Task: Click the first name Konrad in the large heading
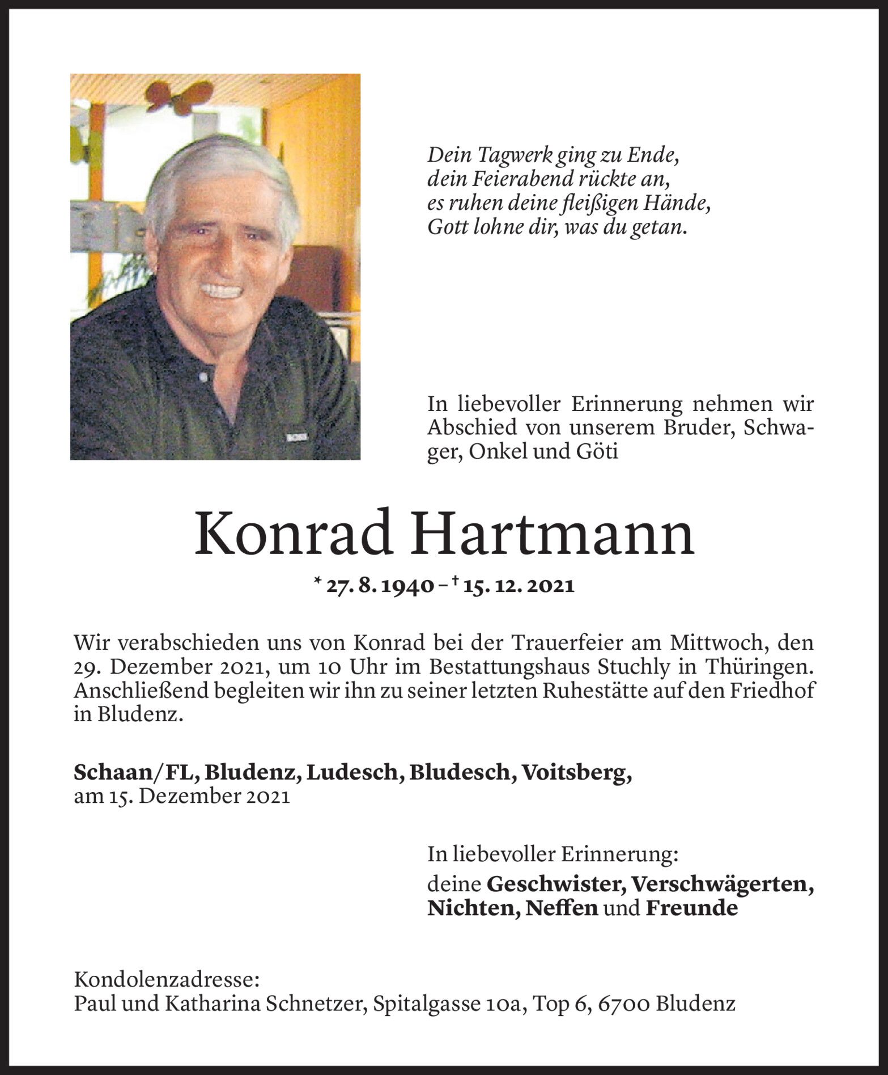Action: (x=293, y=536)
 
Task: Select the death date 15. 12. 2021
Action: (x=518, y=586)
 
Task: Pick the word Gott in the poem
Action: (x=447, y=228)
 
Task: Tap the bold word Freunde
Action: (x=691, y=908)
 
